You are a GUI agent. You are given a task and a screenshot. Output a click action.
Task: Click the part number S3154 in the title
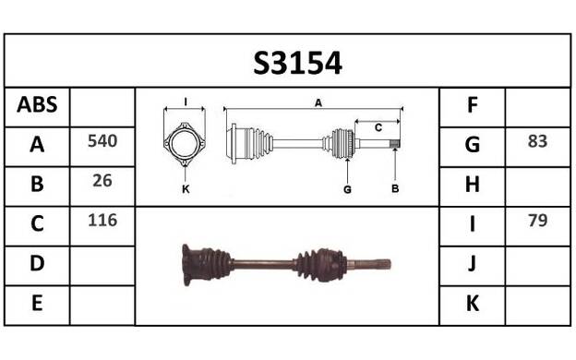point(297,63)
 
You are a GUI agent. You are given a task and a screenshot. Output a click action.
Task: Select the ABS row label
point(37,104)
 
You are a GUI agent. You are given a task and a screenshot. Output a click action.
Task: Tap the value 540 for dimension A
point(102,141)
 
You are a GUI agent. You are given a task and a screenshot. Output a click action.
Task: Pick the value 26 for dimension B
point(102,181)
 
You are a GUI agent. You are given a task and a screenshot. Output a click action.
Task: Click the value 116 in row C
point(102,221)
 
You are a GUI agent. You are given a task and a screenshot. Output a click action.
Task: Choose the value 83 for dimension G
point(537,141)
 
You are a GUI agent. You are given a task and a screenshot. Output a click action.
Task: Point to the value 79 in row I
point(537,221)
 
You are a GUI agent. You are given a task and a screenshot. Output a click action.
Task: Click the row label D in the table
point(37,263)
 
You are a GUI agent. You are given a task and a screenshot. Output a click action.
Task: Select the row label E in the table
point(37,304)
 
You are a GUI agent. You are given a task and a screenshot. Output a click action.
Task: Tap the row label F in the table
point(473,104)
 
